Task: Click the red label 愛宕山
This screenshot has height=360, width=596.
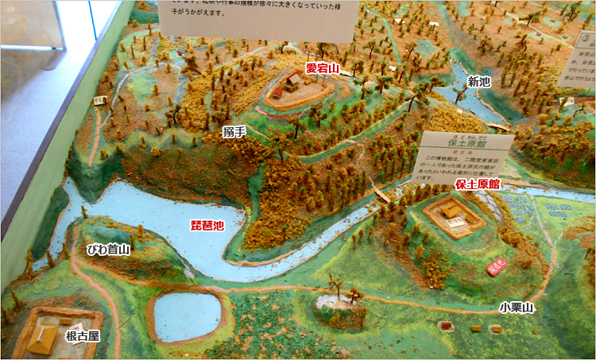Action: pyautogui.click(x=323, y=69)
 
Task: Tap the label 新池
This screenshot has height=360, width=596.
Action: pyautogui.click(x=478, y=81)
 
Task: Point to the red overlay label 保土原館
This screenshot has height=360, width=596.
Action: pyautogui.click(x=478, y=184)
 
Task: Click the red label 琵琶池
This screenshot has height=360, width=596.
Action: pyautogui.click(x=207, y=225)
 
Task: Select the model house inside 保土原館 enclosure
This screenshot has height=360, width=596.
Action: pyautogui.click(x=450, y=211)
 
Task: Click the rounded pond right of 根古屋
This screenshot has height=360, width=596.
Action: pyautogui.click(x=186, y=315)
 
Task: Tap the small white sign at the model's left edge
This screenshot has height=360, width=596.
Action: pyautogui.click(x=100, y=101)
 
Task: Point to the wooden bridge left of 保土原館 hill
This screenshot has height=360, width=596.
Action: pyautogui.click(x=382, y=195)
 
